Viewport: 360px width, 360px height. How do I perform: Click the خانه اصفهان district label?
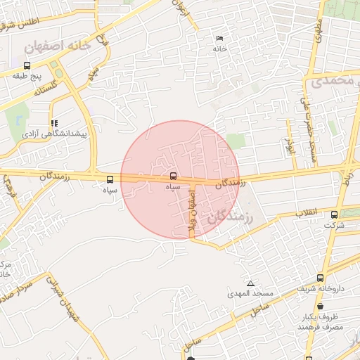tap(58, 46)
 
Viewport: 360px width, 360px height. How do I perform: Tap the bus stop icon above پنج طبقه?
tap(27, 65)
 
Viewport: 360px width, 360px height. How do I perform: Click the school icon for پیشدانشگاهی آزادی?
tap(55, 122)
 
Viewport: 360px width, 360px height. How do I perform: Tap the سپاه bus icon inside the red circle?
tap(173, 175)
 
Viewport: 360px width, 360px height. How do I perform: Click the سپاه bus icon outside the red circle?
tap(109, 179)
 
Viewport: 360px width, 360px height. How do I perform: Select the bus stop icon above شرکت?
tap(334, 215)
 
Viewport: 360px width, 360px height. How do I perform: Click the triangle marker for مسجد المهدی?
tap(250, 283)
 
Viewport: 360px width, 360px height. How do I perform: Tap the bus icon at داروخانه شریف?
tap(321, 278)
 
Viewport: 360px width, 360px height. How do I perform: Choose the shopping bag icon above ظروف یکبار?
tap(321, 306)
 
